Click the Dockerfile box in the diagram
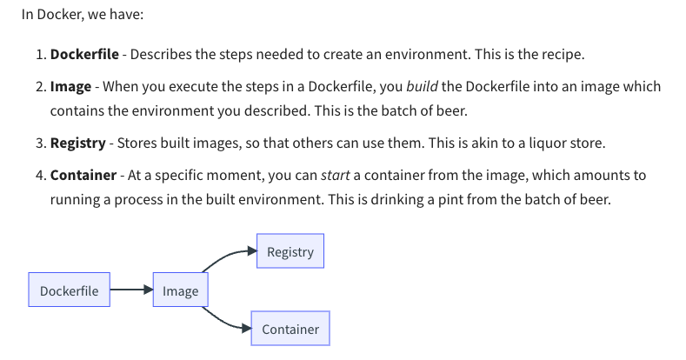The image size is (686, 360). tap(70, 290)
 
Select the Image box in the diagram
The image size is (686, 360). tap(180, 290)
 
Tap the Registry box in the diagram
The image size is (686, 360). tap(290, 251)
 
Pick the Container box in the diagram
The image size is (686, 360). tap(290, 329)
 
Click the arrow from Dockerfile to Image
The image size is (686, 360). tap(131, 290)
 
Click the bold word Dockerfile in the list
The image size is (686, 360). tap(82, 54)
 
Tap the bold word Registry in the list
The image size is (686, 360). tap(77, 143)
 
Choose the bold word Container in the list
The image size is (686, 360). tap(83, 175)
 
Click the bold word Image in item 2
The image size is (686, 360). tap(70, 86)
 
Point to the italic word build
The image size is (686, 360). tap(422, 86)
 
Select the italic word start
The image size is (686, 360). tap(335, 175)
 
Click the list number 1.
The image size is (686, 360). tap(40, 54)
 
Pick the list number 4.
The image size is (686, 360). tap(40, 175)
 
